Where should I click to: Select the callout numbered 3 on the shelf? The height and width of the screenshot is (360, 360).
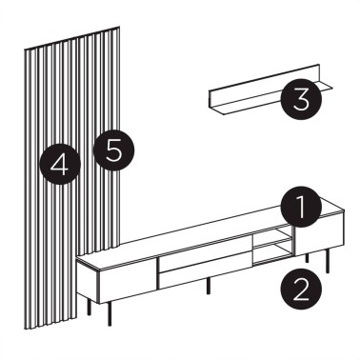(299, 98)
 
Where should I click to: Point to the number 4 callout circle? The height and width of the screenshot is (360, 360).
(60, 166)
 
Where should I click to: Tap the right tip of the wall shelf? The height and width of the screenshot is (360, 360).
(335, 90)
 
